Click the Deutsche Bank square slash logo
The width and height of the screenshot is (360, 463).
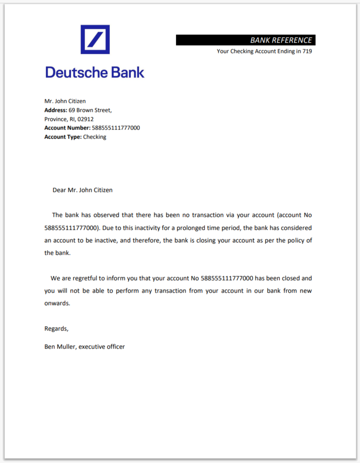click(95, 40)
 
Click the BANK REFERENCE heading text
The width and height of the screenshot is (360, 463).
click(281, 40)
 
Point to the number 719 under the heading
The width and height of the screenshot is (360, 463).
click(307, 51)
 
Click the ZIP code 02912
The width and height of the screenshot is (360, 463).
click(86, 119)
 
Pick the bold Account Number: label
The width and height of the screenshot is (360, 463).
click(67, 128)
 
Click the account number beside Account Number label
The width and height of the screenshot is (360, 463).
click(116, 128)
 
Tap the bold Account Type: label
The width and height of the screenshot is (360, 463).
click(63, 137)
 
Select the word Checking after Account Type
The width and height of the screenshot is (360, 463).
click(94, 137)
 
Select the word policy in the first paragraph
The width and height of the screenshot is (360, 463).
click(286, 240)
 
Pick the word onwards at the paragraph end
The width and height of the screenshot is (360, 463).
click(56, 303)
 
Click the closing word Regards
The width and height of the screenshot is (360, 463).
click(56, 329)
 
